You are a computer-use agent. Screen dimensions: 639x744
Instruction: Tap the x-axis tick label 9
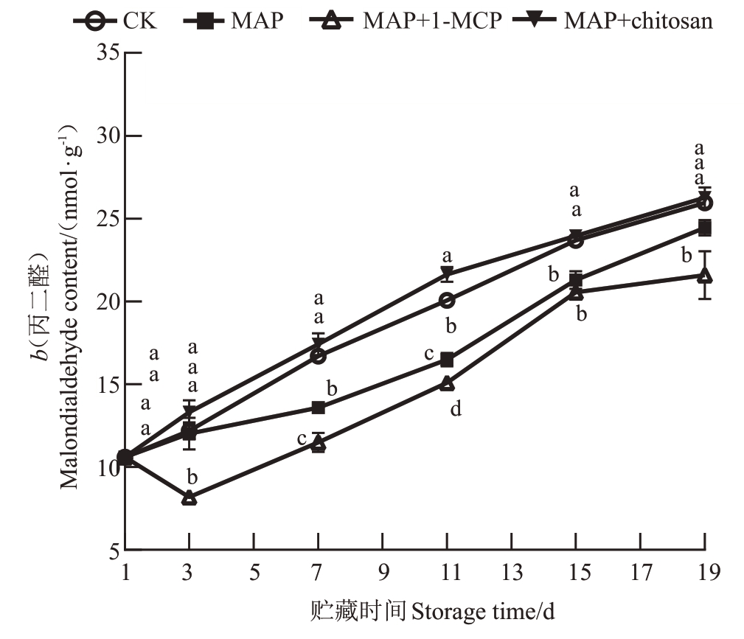383,571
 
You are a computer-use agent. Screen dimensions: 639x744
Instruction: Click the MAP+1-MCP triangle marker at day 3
190,497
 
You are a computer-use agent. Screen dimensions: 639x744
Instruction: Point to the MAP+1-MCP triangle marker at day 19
705,275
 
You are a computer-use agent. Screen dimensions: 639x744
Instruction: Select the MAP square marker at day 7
319,408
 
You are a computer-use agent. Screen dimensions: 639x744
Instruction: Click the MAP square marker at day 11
447,360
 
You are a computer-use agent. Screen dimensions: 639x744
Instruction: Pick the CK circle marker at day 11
447,301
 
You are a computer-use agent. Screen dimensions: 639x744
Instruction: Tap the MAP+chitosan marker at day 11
447,273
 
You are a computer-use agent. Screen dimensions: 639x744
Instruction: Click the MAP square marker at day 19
705,228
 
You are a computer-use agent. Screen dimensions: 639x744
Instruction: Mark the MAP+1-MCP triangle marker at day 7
319,443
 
